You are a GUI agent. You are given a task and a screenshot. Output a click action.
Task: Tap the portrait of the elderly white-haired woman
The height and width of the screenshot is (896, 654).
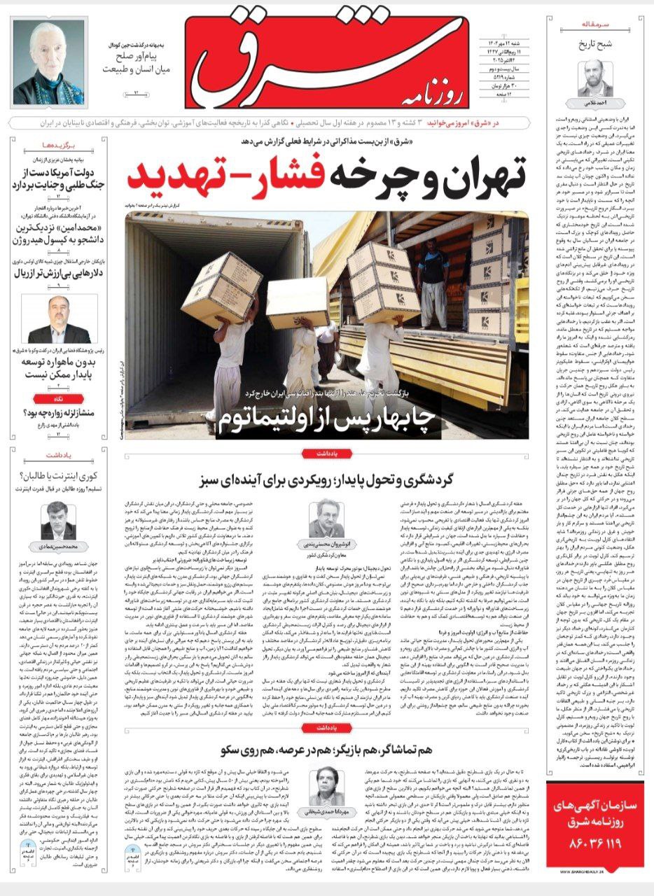pos(48,62)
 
